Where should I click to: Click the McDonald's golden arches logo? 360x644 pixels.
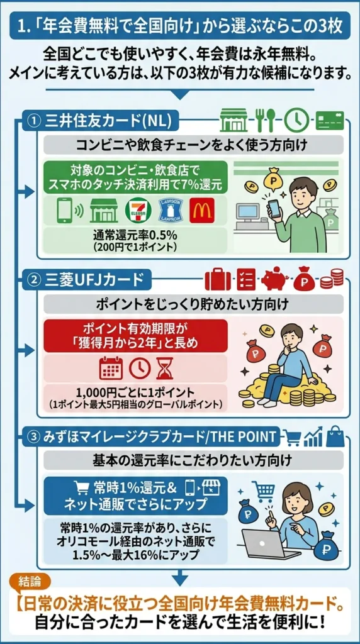click(202, 210)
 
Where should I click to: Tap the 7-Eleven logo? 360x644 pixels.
click(136, 211)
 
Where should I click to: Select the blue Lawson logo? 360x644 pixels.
click(169, 211)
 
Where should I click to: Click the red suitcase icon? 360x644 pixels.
click(216, 280)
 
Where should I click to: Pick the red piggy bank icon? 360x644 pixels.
click(275, 280)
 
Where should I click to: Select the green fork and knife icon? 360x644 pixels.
click(265, 119)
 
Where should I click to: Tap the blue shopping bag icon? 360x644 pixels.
click(335, 438)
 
